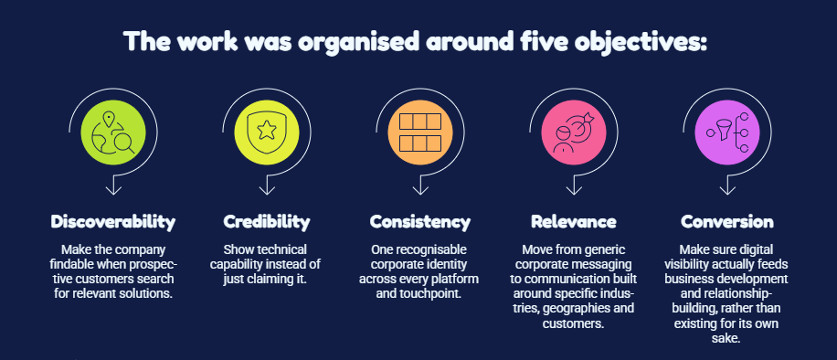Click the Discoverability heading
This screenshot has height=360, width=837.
113,222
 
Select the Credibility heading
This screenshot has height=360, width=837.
267,222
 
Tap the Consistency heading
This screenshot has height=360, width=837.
420,222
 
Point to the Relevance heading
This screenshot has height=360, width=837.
573,222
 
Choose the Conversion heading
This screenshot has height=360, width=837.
727,222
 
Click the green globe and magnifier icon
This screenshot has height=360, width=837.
113,132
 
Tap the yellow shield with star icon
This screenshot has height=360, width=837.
267,132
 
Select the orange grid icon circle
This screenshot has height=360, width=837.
420,132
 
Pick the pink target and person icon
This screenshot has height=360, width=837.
573,132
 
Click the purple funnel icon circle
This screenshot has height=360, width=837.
727,132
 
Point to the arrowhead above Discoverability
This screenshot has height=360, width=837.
113,190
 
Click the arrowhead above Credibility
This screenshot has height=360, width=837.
267,190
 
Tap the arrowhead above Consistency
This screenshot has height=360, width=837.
420,190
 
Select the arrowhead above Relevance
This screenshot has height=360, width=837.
573,190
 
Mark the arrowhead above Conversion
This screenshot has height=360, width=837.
727,190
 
